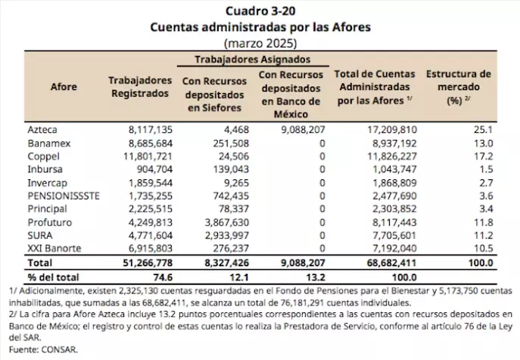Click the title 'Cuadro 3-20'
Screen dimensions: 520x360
(x=260, y=11)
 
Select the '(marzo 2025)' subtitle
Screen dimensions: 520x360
(x=260, y=43)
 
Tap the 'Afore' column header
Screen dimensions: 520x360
(x=64, y=87)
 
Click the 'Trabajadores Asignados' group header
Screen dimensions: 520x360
(x=253, y=59)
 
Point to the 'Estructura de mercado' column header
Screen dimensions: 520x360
(x=459, y=87)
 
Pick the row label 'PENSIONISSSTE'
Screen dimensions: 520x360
(x=64, y=196)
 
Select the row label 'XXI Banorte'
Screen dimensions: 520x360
(x=54, y=248)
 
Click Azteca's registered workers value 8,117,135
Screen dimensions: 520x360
(x=151, y=129)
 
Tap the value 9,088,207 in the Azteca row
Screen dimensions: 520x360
(x=303, y=129)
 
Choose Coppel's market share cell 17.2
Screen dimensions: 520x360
(x=484, y=156)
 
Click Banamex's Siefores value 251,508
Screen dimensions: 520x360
(x=231, y=144)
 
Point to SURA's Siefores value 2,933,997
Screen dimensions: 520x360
(x=227, y=235)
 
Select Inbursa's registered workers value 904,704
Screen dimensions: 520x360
(x=155, y=169)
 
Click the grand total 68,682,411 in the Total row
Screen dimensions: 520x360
(x=391, y=263)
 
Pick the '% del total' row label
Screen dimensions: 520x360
(x=54, y=277)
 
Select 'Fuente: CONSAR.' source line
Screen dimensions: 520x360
(x=43, y=349)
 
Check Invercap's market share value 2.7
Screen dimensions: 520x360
(x=486, y=183)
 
